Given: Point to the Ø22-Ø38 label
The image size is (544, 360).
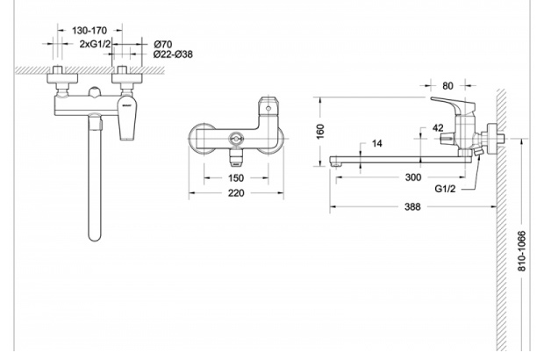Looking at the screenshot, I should point(172,54).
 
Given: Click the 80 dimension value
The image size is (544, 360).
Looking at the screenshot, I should point(448,86).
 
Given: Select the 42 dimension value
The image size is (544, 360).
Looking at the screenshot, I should point(438,128).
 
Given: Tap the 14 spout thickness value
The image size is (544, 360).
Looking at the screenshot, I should point(377,142).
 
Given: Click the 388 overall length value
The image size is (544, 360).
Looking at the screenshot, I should point(412,208).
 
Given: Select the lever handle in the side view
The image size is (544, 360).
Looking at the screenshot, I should point(449,106).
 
